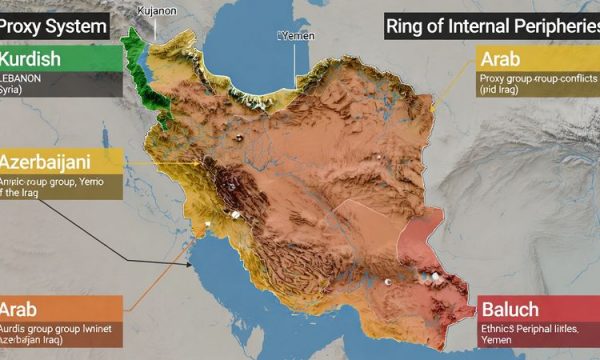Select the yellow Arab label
tap(506, 59)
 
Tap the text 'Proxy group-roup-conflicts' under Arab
tap(527, 78)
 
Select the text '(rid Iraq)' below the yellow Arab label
tap(501, 91)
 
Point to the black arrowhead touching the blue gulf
tap(191, 265)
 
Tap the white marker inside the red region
tap(436, 274)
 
